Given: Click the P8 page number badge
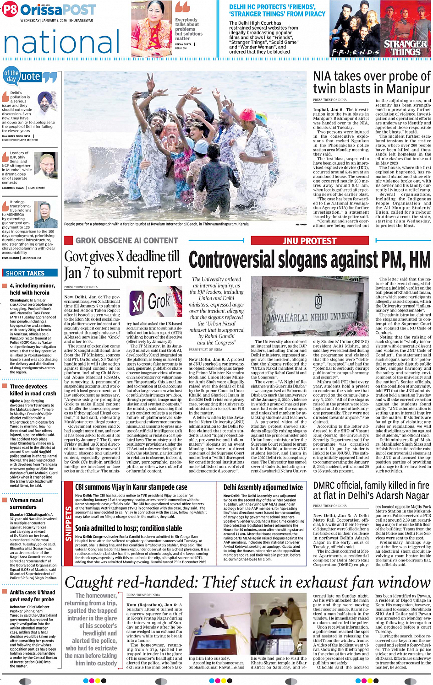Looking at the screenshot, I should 10,10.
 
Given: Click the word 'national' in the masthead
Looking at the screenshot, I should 61,42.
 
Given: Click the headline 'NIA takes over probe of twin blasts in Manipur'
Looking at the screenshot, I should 372,82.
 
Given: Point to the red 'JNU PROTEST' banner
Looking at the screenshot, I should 310,240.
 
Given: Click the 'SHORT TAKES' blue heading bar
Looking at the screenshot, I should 30,273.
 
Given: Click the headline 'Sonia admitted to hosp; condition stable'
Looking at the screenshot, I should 128,529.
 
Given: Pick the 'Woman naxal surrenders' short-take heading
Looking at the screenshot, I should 27,503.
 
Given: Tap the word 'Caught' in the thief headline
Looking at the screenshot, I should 90,583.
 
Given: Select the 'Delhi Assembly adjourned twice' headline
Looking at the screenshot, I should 263,488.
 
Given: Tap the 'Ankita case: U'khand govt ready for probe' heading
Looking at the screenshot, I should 32,596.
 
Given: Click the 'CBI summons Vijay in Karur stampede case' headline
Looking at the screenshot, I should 131,488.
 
